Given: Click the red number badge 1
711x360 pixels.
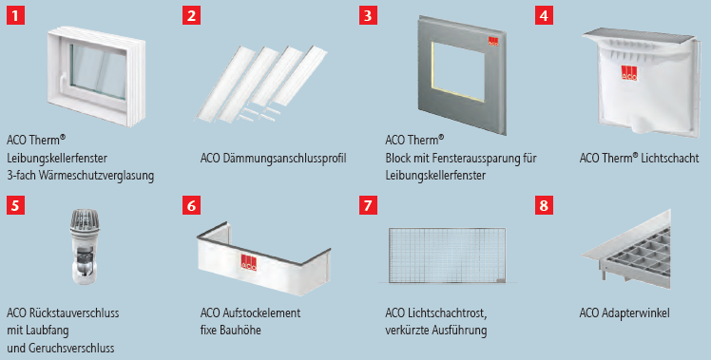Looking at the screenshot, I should [x=15, y=16].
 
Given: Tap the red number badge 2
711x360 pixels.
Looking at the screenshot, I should [x=193, y=16].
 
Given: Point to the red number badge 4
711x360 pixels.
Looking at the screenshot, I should [x=544, y=16].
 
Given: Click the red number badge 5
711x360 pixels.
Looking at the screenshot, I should [x=15, y=204].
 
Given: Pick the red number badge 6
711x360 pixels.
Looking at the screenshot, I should [x=193, y=204].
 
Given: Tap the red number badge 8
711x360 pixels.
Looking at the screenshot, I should [x=544, y=204].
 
